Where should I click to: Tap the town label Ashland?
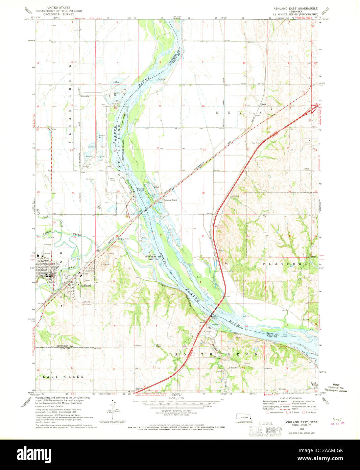(x=86, y=285)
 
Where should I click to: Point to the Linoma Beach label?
(x=171, y=200)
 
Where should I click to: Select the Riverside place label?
(x=85, y=96)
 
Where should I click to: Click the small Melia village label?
(x=264, y=104)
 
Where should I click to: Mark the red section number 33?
(x=203, y=236)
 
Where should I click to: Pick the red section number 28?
(x=203, y=193)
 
